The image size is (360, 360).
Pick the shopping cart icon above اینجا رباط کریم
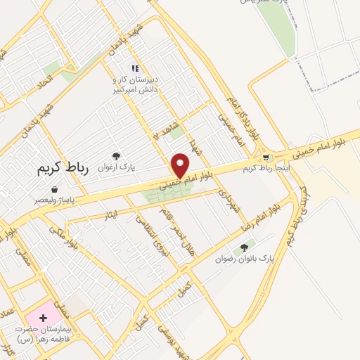click(x=265, y=157)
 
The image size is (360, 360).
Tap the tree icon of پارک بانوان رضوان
click(x=244, y=247)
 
